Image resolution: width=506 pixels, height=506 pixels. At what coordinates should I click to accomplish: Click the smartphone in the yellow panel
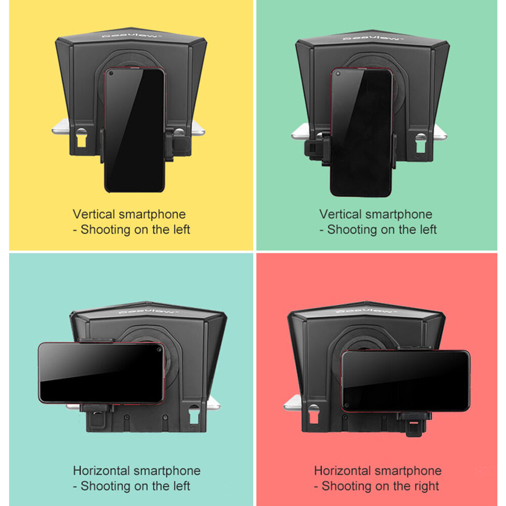point(134,130)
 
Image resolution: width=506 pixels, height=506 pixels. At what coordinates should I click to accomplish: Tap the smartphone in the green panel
point(361,132)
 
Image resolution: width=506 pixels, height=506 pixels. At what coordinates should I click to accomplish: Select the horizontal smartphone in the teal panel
point(101,373)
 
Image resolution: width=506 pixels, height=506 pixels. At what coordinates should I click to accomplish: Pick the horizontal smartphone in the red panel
point(406,381)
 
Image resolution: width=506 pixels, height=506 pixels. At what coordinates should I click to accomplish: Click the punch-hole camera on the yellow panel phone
point(112,73)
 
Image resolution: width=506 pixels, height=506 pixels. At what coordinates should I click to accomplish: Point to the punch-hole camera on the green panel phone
point(338,74)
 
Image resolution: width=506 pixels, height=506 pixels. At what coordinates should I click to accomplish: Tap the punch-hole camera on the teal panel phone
point(159,350)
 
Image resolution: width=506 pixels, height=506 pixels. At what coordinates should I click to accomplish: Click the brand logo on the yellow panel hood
point(131,35)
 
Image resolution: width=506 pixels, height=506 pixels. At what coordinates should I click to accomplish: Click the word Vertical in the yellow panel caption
point(94,214)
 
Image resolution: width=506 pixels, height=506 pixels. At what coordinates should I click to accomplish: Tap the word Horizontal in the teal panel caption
point(102,471)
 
